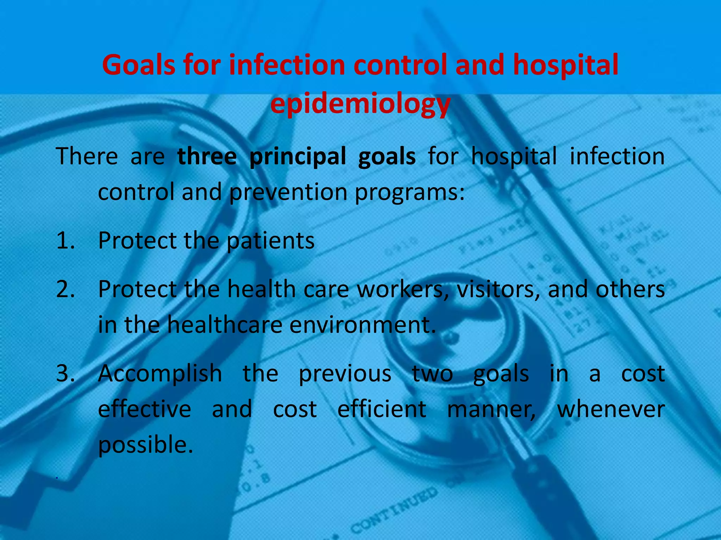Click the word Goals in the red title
point(138,65)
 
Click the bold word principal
point(297,157)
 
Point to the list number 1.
point(65,241)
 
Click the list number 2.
point(65,289)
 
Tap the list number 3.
point(65,373)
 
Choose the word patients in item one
point(270,241)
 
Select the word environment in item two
point(363,325)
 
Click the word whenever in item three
point(611,409)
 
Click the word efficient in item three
point(382,409)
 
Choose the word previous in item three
point(345,373)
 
